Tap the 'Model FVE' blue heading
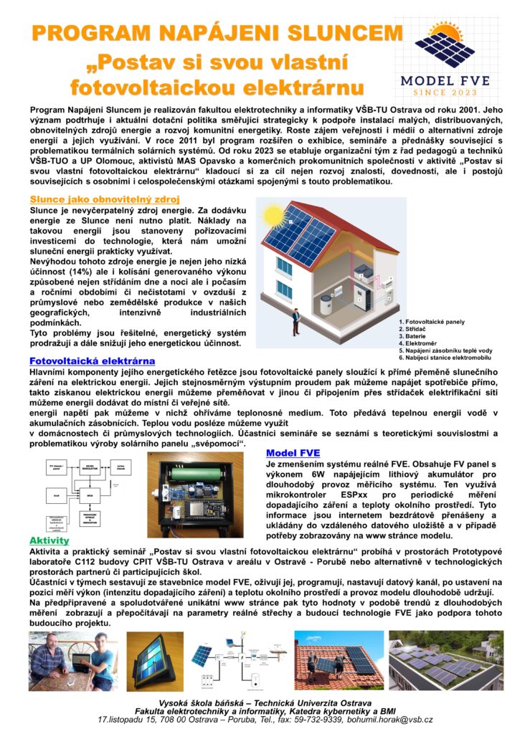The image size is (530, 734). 293,452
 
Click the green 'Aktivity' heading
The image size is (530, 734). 49,540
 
